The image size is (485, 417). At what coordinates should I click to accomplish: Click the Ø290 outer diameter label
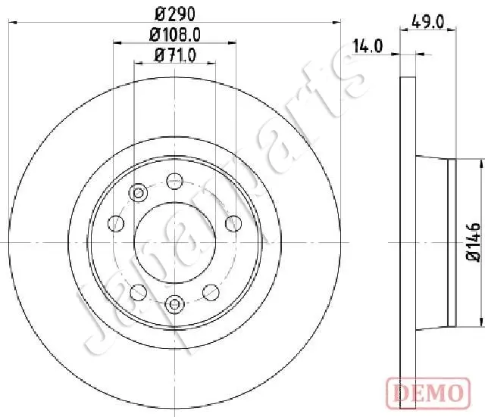coord(175,14)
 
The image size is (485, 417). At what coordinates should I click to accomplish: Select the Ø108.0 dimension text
coord(175,35)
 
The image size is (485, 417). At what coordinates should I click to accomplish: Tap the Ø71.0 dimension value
coord(175,55)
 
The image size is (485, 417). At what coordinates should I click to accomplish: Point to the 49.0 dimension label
coord(427,22)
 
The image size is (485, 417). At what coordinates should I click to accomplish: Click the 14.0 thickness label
coord(368,46)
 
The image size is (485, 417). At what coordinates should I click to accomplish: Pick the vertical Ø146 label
coord(474,242)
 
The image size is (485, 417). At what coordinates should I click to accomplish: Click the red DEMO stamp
coord(428,393)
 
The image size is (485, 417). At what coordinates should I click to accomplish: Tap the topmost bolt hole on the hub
coord(175,181)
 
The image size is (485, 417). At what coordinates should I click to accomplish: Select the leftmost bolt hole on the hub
coord(116,223)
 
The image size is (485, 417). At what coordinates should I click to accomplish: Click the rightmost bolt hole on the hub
coord(233,223)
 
